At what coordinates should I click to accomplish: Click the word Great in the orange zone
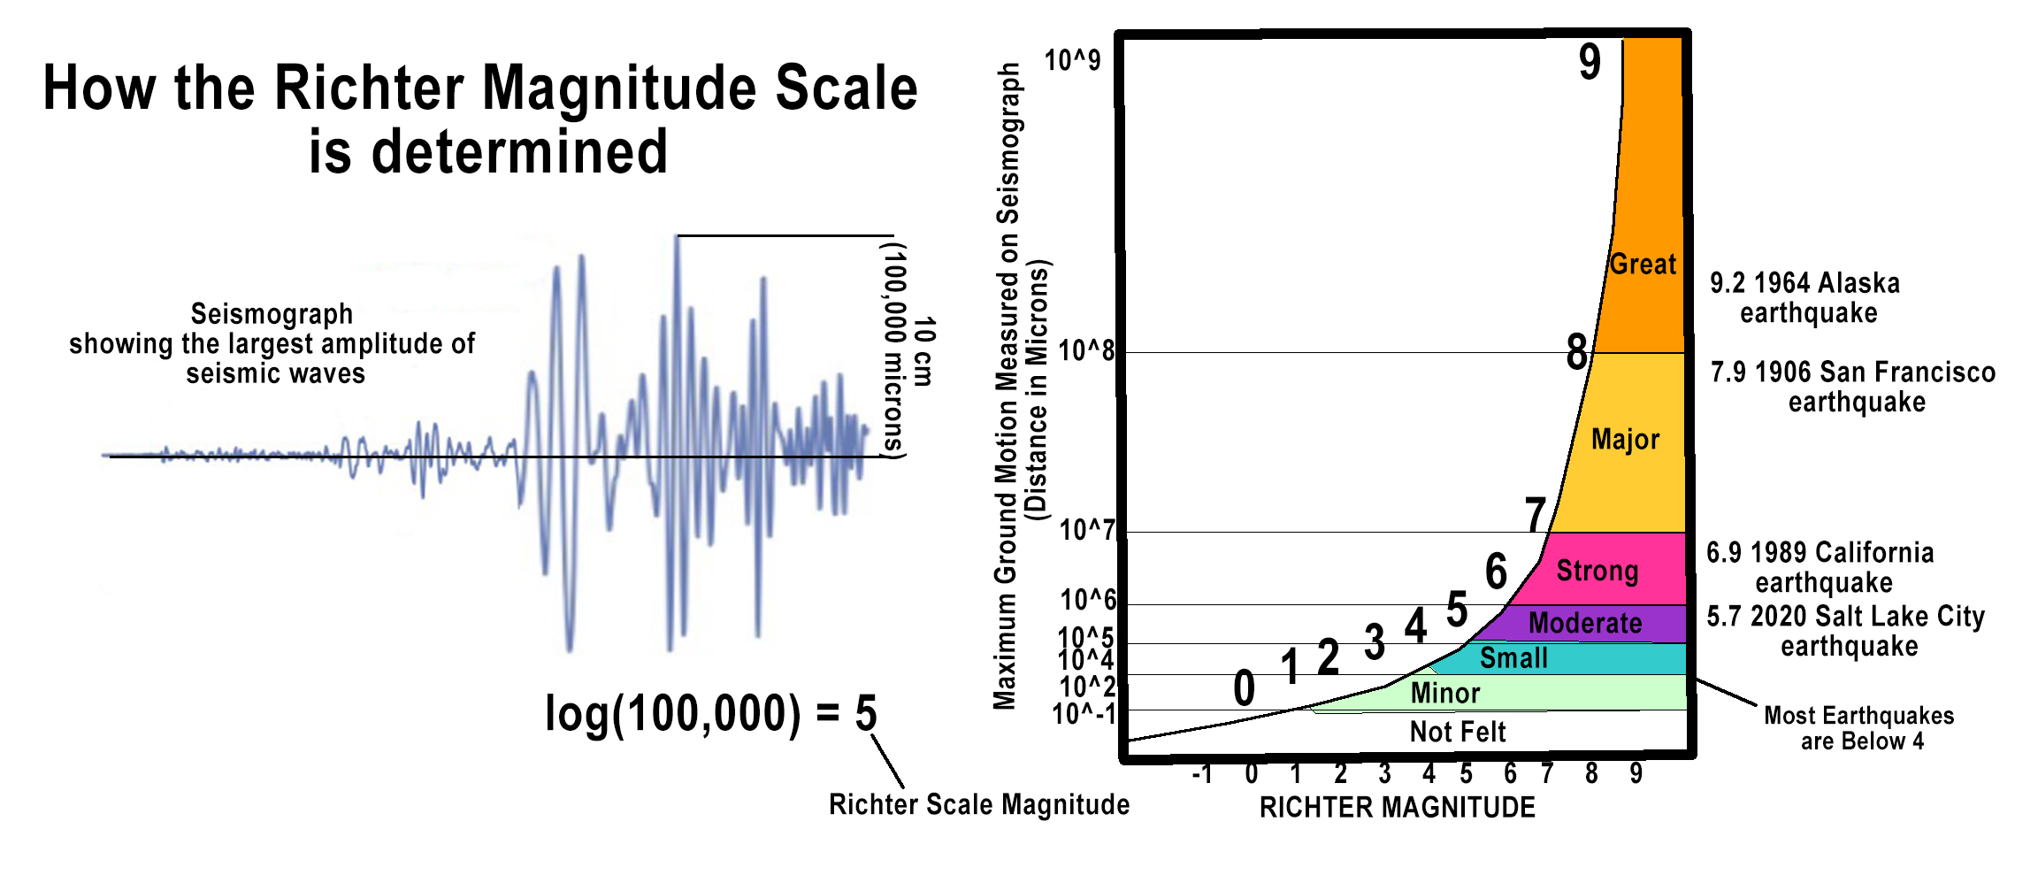1643,264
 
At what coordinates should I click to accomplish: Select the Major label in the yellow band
1625,439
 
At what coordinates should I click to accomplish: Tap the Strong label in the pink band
1597,571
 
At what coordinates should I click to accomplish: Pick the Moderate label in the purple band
1585,623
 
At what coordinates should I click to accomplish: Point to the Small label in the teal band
1513,658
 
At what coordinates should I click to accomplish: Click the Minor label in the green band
1444,693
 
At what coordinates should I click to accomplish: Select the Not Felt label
1457,732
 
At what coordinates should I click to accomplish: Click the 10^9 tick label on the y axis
1072,60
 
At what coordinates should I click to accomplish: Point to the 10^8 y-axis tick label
1086,350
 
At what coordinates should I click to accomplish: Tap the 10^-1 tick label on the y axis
1084,714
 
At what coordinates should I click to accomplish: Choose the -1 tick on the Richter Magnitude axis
1201,774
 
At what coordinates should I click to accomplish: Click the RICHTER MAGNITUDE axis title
1397,807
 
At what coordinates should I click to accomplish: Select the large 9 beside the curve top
1590,62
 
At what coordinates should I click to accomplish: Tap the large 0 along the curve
1244,688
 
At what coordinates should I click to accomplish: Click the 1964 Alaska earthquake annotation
1804,298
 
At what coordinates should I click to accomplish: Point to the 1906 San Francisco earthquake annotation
1853,387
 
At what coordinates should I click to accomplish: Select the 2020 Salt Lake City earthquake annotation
1846,631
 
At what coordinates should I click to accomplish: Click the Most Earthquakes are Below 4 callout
1859,728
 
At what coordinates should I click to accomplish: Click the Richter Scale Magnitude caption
978,804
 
